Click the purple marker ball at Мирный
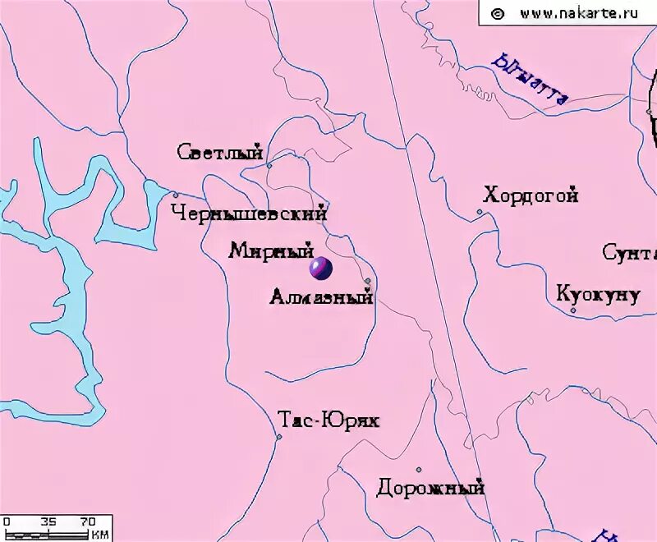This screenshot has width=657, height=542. pos(319,268)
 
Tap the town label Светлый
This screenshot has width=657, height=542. pos(219,153)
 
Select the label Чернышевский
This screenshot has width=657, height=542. pos(249,214)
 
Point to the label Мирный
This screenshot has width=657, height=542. pos(271,250)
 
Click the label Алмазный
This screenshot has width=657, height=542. pos(321,297)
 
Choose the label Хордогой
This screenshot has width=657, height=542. pos(531,195)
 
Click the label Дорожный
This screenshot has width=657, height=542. pos(430,489)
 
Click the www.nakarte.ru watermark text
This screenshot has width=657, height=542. pos(579,13)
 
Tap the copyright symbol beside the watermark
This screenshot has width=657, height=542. pos(497,13)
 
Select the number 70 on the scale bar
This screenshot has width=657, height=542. pos(88,521)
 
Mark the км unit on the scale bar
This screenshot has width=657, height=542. pos(100,535)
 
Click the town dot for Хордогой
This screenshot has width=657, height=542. pos(480,212)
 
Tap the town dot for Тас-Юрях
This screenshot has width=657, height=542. pos(279,436)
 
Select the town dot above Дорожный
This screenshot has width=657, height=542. pos(418,470)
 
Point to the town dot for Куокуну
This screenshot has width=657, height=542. pos(572,310)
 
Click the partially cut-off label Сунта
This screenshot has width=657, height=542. pos(629,252)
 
